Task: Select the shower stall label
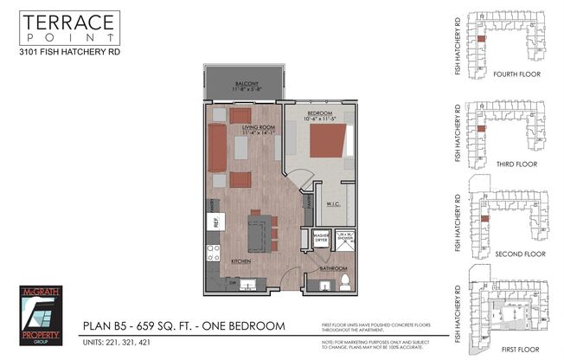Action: (x=345, y=236)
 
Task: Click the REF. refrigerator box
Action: (x=213, y=222)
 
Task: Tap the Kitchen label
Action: (x=240, y=260)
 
